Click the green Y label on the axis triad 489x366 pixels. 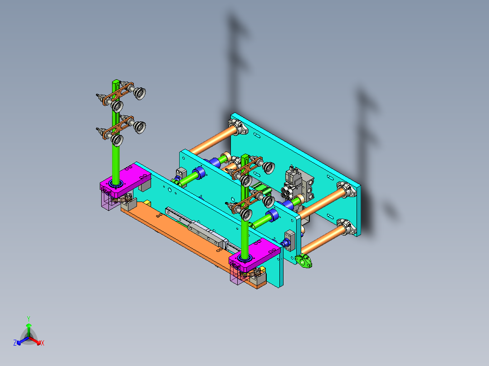click(x=28, y=318)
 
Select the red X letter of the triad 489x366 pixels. click(x=43, y=343)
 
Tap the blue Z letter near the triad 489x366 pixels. click(x=15, y=343)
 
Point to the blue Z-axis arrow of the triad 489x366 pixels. click(x=20, y=341)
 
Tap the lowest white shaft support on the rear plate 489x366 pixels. click(x=347, y=226)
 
